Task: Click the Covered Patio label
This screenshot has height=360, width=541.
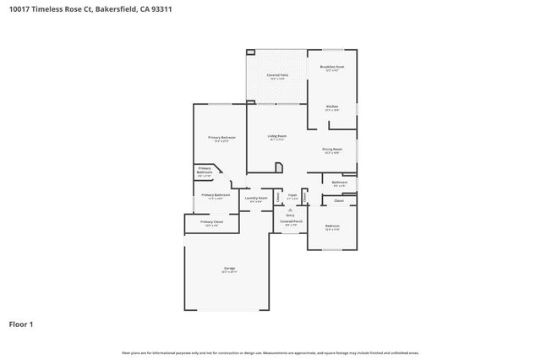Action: [276, 76]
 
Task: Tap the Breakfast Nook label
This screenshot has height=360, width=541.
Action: [331, 66]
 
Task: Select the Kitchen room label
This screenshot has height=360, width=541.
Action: [332, 106]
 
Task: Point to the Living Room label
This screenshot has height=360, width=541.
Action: [277, 136]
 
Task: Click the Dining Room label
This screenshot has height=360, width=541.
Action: [331, 150]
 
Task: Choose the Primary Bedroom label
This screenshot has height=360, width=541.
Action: [221, 137]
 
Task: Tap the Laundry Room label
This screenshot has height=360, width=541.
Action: [256, 198]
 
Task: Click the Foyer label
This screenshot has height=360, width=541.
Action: [292, 195]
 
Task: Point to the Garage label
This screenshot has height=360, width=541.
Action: [229, 268]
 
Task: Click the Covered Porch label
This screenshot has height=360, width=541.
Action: [291, 221]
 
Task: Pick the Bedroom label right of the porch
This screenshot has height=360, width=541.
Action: [332, 226]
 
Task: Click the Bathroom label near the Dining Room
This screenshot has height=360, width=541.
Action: [339, 182]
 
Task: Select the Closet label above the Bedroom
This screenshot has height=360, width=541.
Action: [339, 200]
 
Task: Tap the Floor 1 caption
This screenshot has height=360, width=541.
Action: [22, 324]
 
